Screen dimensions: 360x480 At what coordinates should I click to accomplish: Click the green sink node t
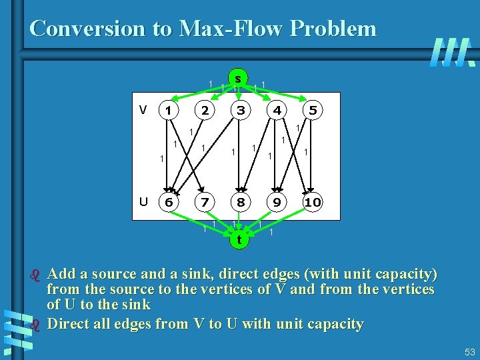click(x=238, y=238)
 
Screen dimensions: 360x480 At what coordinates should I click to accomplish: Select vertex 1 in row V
click(x=170, y=110)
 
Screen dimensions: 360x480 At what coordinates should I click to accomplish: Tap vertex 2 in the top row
click(x=206, y=110)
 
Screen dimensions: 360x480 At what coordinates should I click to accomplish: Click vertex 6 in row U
click(x=170, y=202)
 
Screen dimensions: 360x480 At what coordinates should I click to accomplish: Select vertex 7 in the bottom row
click(x=206, y=202)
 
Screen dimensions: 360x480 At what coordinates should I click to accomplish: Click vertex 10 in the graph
click(x=312, y=202)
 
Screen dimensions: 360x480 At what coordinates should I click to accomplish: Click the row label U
click(x=143, y=201)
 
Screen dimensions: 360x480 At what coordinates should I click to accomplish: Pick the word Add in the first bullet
click(x=62, y=274)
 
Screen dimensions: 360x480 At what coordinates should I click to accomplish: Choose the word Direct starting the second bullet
click(x=72, y=325)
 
